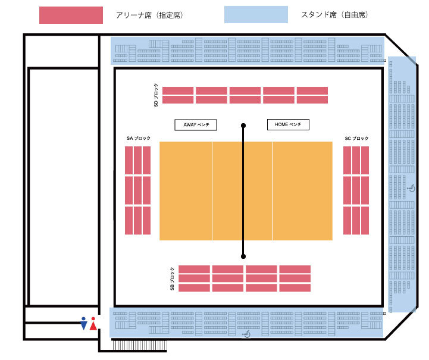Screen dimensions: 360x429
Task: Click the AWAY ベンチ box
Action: pyautogui.click(x=196, y=125)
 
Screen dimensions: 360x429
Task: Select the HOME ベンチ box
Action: pyautogui.click(x=288, y=125)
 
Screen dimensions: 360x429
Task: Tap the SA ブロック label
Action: pyautogui.click(x=138, y=139)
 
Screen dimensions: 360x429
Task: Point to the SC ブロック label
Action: pyautogui.click(x=356, y=139)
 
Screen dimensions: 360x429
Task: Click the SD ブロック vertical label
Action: pyautogui.click(x=156, y=95)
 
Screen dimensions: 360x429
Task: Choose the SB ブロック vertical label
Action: pyautogui.click(x=172, y=278)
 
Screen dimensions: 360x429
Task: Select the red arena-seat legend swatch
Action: pyautogui.click(x=71, y=15)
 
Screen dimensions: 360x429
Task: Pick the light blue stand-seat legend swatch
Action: pyautogui.click(x=256, y=15)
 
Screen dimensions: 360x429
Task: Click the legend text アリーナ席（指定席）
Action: pyautogui.click(x=149, y=15)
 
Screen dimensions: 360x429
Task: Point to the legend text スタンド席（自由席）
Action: pyautogui.click(x=334, y=15)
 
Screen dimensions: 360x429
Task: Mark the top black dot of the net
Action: pyautogui.click(x=243, y=126)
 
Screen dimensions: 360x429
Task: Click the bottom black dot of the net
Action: pyautogui.click(x=243, y=256)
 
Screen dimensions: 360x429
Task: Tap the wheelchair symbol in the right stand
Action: pyautogui.click(x=411, y=189)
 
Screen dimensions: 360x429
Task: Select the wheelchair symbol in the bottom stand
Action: pyautogui.click(x=246, y=334)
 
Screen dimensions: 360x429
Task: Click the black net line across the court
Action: pyautogui.click(x=243, y=190)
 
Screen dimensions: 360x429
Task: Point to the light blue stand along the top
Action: pyautogui.click(x=247, y=49)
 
